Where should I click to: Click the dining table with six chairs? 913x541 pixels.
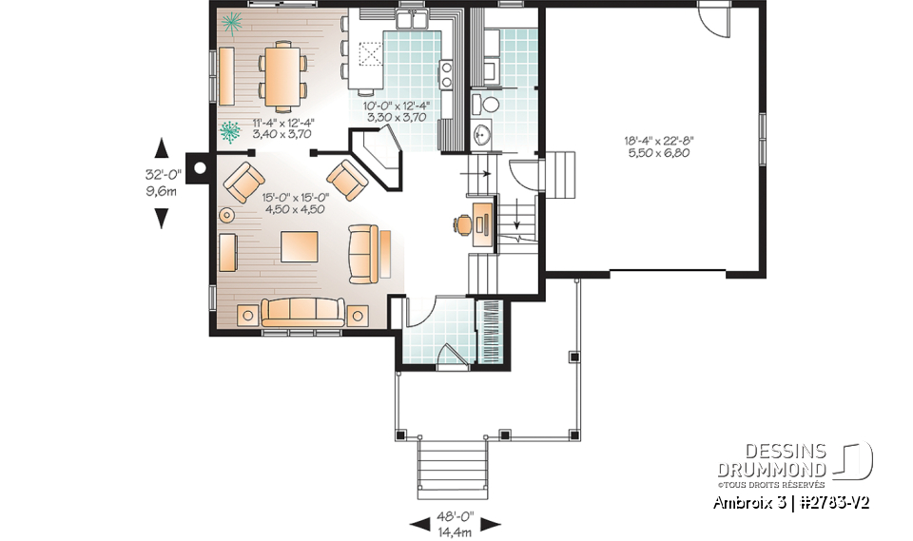click(282, 75)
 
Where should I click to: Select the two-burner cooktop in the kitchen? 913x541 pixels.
click(445, 74)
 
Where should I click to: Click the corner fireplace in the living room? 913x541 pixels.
click(377, 157)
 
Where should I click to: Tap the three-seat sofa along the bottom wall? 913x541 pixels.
click(301, 311)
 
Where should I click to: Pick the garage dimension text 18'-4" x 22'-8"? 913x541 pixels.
click(659, 141)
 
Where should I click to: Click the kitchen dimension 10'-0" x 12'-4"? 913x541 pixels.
click(397, 106)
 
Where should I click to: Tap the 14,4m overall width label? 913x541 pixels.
click(455, 533)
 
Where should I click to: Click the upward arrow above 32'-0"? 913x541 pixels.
click(162, 147)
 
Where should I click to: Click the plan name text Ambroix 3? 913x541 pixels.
click(748, 502)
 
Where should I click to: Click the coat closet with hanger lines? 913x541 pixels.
click(492, 331)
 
